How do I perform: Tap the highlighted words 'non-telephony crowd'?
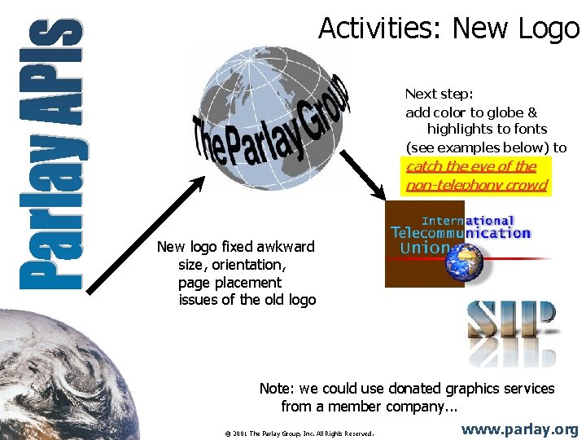point(476,185)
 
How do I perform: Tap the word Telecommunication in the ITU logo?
point(461,233)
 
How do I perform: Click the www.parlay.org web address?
point(519,429)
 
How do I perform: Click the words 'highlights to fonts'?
point(486,130)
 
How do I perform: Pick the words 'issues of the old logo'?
point(247,300)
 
